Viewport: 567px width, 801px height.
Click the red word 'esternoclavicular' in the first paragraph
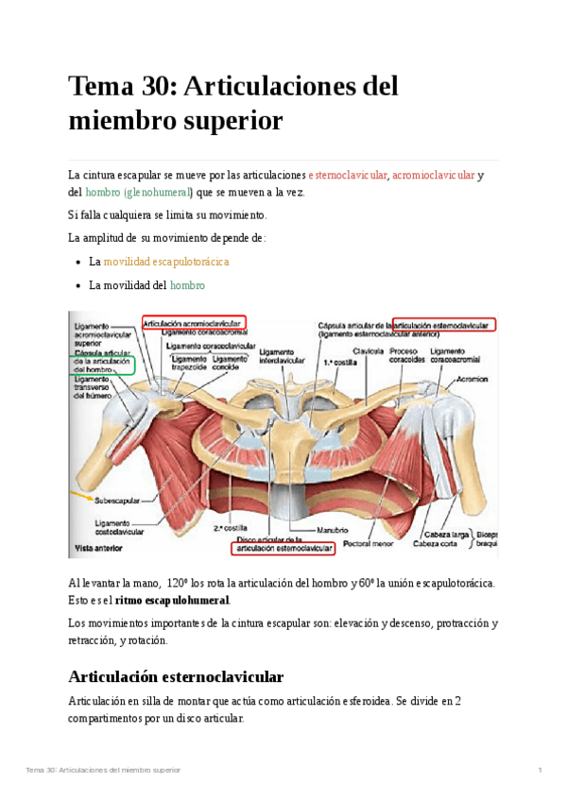[349, 176]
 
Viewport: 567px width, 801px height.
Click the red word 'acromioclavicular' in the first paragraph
[434, 176]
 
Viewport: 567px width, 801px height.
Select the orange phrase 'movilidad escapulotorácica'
[166, 262]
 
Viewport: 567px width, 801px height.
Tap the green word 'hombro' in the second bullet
[187, 285]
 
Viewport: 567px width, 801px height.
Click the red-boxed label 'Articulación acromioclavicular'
[194, 322]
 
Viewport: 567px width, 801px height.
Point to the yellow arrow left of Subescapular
[82, 493]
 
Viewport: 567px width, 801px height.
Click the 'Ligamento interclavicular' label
[280, 355]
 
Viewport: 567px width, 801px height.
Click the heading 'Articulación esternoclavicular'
[176, 676]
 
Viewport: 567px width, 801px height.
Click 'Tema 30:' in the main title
[122, 87]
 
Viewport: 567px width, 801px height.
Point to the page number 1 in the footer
[539, 771]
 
